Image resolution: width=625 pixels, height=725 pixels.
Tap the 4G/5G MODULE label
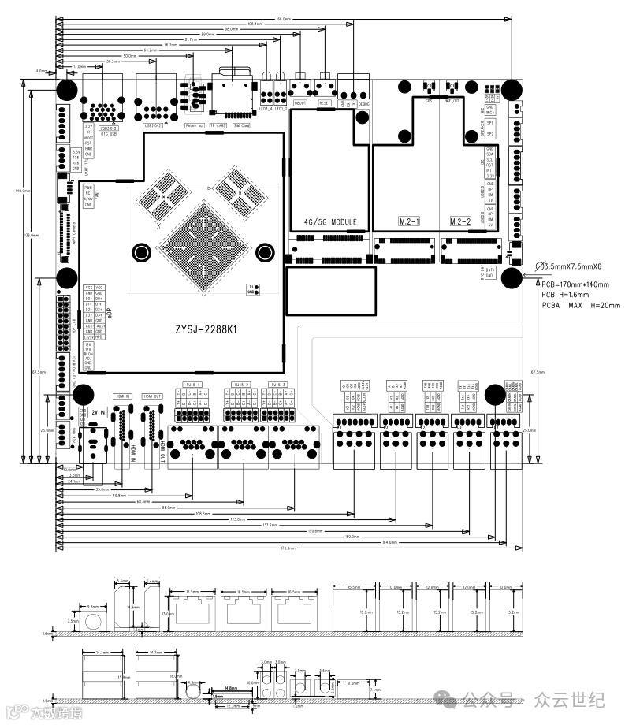pos(329,222)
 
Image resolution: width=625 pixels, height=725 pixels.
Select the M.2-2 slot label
pos(463,222)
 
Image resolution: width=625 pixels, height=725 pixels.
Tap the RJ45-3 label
pos(278,385)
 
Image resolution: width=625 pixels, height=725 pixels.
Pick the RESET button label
pos(325,102)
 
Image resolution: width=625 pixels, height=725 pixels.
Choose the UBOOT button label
pos(299,102)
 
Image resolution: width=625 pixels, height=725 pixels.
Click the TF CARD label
pos(218,125)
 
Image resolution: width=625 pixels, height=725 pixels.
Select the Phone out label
pos(194,125)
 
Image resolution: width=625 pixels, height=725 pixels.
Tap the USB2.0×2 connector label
pos(153,125)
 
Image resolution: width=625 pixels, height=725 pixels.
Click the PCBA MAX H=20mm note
pos(581,305)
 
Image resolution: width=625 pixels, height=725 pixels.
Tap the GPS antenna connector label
pos(429,101)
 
